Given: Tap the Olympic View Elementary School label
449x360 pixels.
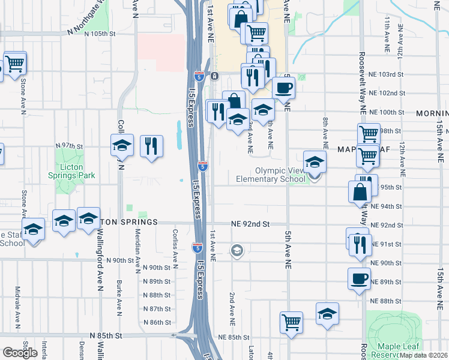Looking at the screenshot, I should pos(266,175).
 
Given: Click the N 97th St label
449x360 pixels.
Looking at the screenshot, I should pos(68,146).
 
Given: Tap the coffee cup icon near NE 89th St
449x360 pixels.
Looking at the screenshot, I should pos(359,279).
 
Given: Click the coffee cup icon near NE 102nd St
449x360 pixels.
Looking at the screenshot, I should pos(283,88).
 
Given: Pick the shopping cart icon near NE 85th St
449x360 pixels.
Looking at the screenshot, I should pos(291,322).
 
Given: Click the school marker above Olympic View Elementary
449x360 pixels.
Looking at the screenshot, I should pos(315,161).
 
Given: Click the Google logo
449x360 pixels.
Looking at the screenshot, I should pos(20,353).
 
